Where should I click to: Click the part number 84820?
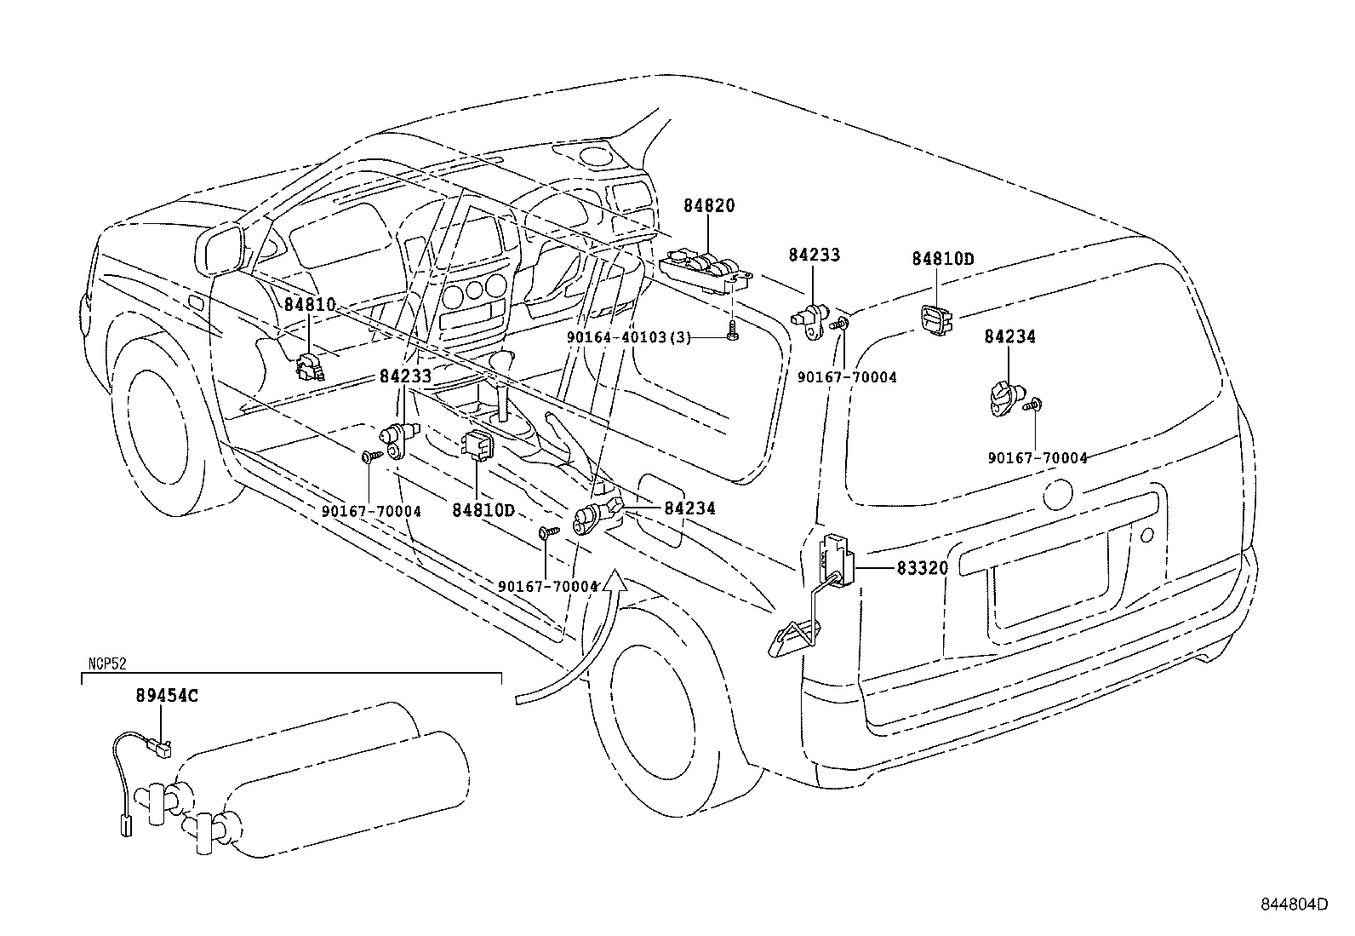(x=708, y=206)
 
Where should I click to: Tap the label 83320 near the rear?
(x=921, y=567)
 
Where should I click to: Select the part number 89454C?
(x=167, y=695)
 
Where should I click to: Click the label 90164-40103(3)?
(x=628, y=337)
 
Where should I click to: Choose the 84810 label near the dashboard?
(x=310, y=305)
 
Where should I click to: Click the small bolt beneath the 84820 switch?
(x=733, y=333)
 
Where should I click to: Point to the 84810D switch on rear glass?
(x=935, y=321)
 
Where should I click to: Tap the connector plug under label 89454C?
(x=159, y=749)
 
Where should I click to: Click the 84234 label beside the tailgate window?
(x=1009, y=336)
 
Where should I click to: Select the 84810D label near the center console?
(x=483, y=509)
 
